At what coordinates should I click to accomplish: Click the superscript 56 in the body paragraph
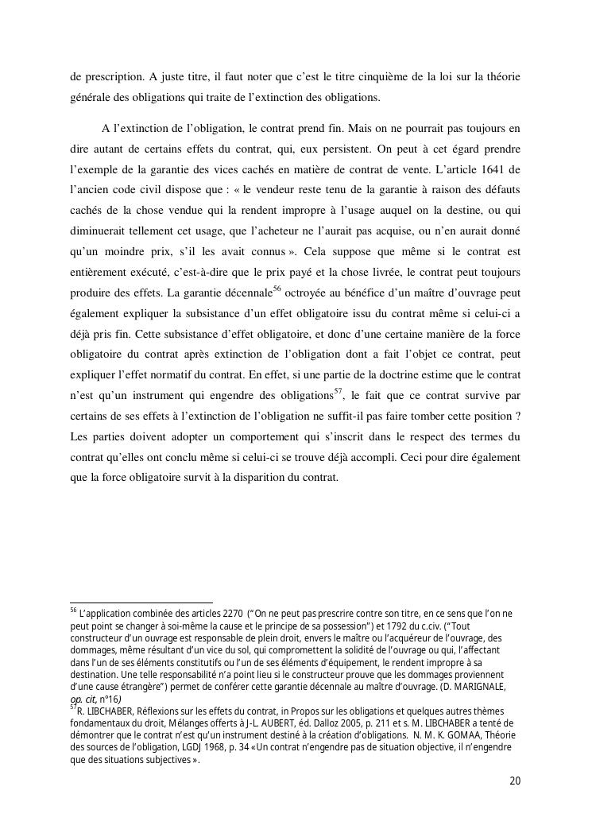(x=277, y=288)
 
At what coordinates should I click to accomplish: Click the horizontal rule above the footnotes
(x=141, y=603)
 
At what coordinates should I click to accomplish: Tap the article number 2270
(x=234, y=614)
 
